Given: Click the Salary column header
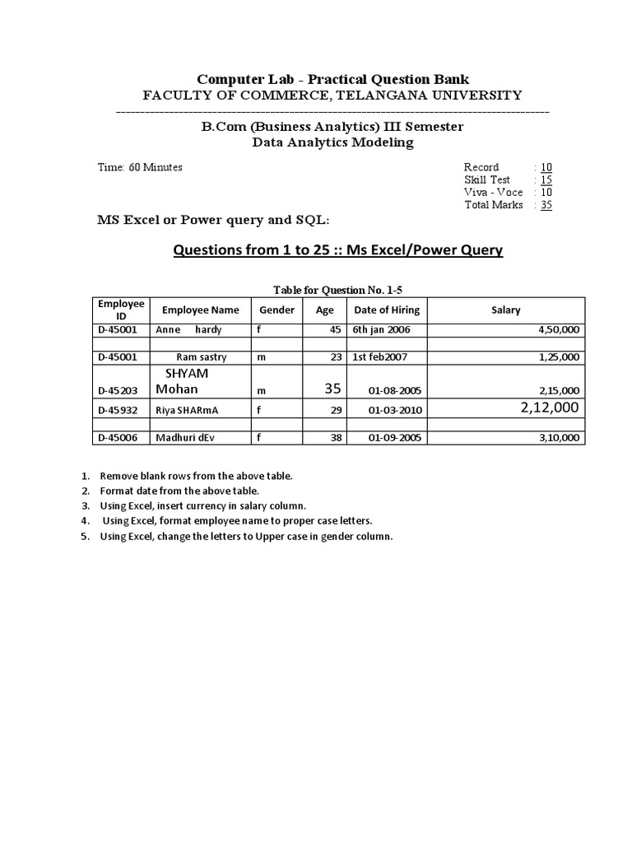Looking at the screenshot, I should tap(505, 310).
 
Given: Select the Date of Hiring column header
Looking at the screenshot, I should tap(386, 310).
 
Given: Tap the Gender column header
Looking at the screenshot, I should tap(276, 310).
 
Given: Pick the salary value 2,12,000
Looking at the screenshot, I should tap(550, 408).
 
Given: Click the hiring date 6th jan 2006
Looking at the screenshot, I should tap(381, 330).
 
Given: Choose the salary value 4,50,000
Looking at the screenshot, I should tap(559, 330).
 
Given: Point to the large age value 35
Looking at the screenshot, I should tap(332, 388).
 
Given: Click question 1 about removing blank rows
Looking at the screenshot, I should tap(196, 477).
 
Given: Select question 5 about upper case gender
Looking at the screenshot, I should tap(246, 536).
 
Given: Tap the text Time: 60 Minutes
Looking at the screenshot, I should tap(140, 167).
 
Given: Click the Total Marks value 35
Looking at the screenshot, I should tap(546, 205).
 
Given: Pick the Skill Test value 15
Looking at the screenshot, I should tap(546, 179).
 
